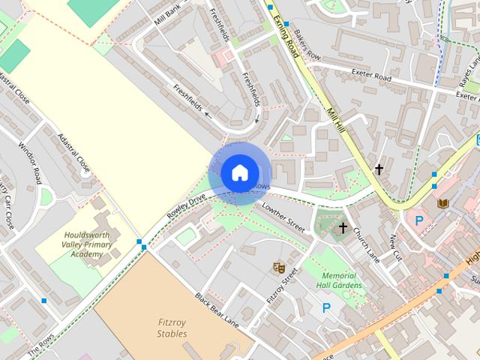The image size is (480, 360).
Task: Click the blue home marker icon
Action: click(238, 172)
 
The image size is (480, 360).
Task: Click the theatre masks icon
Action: click(279, 266)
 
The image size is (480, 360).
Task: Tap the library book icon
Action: click(442, 203)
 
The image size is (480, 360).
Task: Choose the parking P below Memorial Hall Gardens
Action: click(326, 307)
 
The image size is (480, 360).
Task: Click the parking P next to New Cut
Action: click(419, 220)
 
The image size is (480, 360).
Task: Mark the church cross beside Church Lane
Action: click(343, 227)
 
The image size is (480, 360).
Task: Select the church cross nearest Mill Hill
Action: click(379, 169)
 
